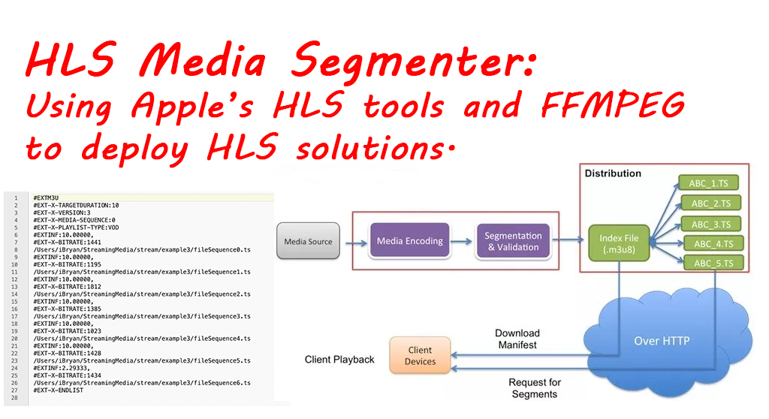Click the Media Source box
coord(308,242)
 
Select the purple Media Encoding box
coord(409,242)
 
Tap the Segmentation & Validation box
coord(513,242)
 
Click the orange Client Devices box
coord(420,356)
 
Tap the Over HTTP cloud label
coord(662,341)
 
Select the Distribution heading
coord(613,173)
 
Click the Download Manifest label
coord(517,339)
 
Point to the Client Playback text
coord(339,360)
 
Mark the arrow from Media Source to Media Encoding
coord(350,242)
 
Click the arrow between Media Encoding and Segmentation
coord(462,242)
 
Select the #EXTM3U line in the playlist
coord(47,197)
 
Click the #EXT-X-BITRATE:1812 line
coord(68,286)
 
